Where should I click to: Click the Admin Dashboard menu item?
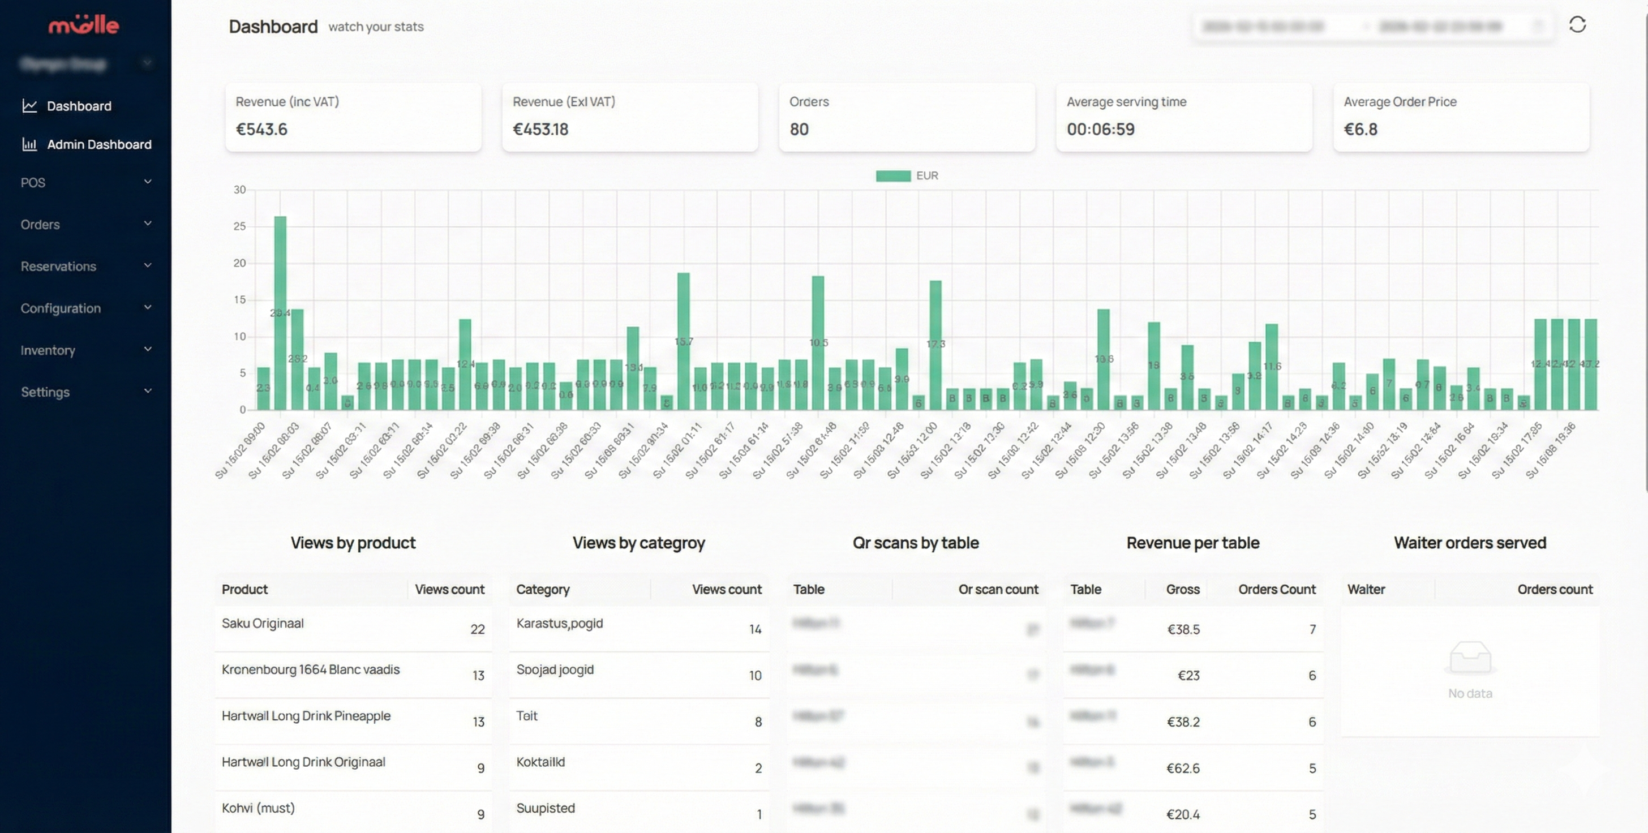pos(98,145)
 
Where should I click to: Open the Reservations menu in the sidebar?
pos(58,266)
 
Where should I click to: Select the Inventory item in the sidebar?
pos(48,350)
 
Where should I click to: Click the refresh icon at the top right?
pos(1577,25)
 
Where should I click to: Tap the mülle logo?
pos(84,25)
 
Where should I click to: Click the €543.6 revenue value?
pos(261,129)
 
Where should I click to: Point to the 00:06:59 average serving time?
pos(1100,129)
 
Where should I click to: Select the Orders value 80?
pos(799,129)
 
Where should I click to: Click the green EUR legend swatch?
pos(893,176)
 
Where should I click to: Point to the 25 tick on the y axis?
pos(239,226)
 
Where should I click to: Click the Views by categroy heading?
pos(638,543)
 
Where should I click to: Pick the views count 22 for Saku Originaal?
pos(477,629)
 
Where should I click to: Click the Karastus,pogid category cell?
pos(559,623)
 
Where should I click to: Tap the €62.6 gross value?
pos(1182,768)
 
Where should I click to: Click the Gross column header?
pos(1182,589)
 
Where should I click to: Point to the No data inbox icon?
pos(1470,657)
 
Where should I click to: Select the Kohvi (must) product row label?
pos(258,808)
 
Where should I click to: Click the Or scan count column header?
pos(997,589)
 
